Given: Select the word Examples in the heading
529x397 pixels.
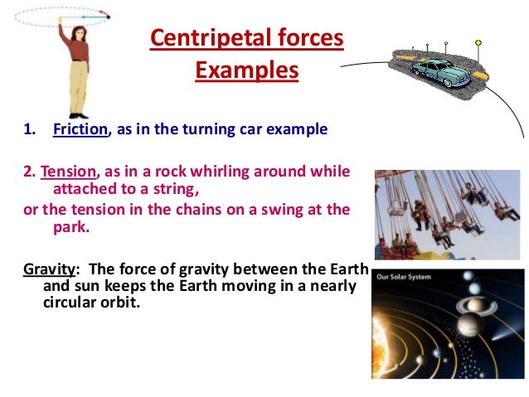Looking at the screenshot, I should point(246,71).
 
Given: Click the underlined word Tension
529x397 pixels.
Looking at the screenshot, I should point(69,172).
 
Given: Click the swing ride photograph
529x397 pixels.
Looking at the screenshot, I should point(449,214).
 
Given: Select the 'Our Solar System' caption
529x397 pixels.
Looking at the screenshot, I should point(405,278).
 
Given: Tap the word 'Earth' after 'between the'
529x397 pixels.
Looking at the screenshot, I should point(332,269).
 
